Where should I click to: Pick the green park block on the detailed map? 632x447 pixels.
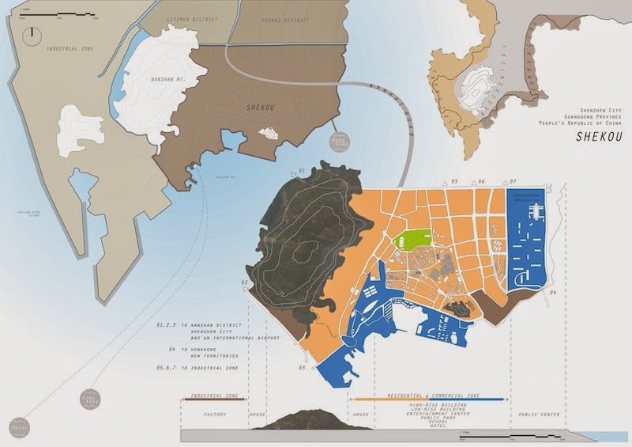point(412,238)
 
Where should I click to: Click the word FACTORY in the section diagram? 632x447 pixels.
point(216,414)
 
